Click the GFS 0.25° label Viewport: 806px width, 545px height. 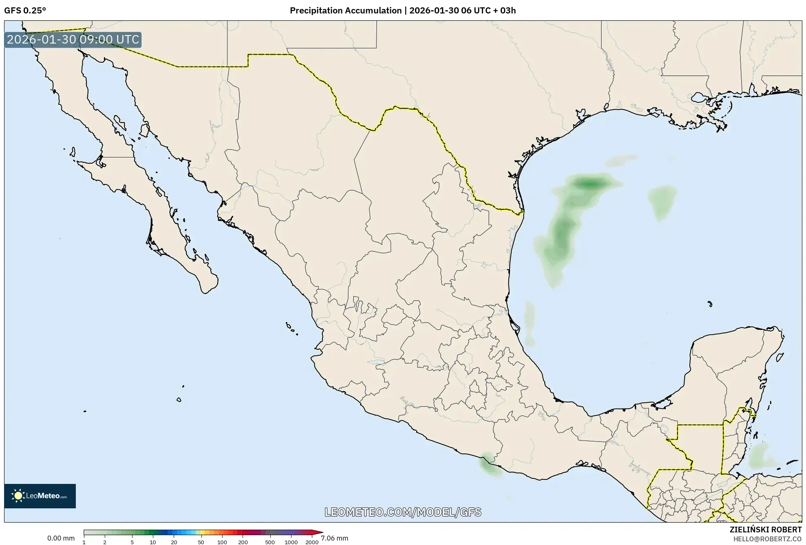coord(25,11)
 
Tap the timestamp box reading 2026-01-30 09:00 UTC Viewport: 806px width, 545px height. coord(73,40)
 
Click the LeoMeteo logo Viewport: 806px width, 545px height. coord(40,496)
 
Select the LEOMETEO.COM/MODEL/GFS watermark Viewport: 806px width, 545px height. coord(402,512)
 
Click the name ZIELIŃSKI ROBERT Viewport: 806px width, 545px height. coord(765,530)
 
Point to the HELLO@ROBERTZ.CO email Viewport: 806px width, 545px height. coord(767,539)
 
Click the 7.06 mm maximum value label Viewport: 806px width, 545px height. coord(334,538)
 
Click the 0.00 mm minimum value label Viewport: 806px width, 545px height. coord(61,538)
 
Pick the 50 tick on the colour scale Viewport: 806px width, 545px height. coord(201,542)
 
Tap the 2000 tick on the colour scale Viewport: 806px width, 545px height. coord(312,542)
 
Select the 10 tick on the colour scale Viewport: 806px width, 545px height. coord(152,542)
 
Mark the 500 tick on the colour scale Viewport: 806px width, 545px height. coord(269,542)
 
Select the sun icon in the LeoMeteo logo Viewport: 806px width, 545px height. coord(18,496)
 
